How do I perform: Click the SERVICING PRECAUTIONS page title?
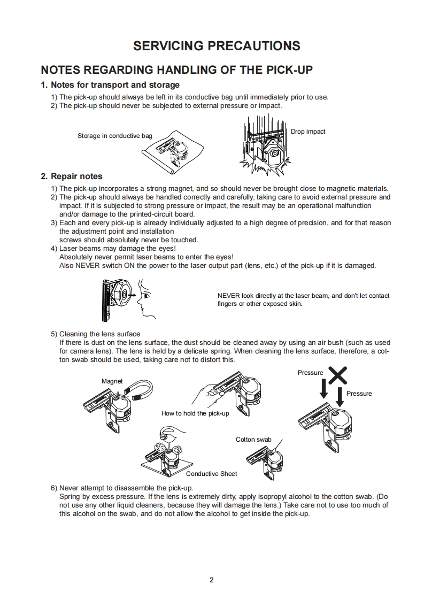(217, 45)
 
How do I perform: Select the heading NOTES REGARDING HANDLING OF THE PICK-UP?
(177, 70)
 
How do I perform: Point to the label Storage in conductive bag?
(114, 136)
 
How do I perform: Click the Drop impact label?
(308, 132)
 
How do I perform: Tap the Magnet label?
(112, 381)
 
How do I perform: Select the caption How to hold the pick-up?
(195, 413)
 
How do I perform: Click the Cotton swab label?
(253, 440)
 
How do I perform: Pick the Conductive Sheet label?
(211, 474)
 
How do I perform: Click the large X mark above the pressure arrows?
(337, 375)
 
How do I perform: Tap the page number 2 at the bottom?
(212, 580)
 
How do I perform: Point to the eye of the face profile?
(145, 296)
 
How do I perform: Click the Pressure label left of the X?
(311, 373)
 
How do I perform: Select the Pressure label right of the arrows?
(359, 394)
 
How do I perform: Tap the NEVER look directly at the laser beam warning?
(303, 299)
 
